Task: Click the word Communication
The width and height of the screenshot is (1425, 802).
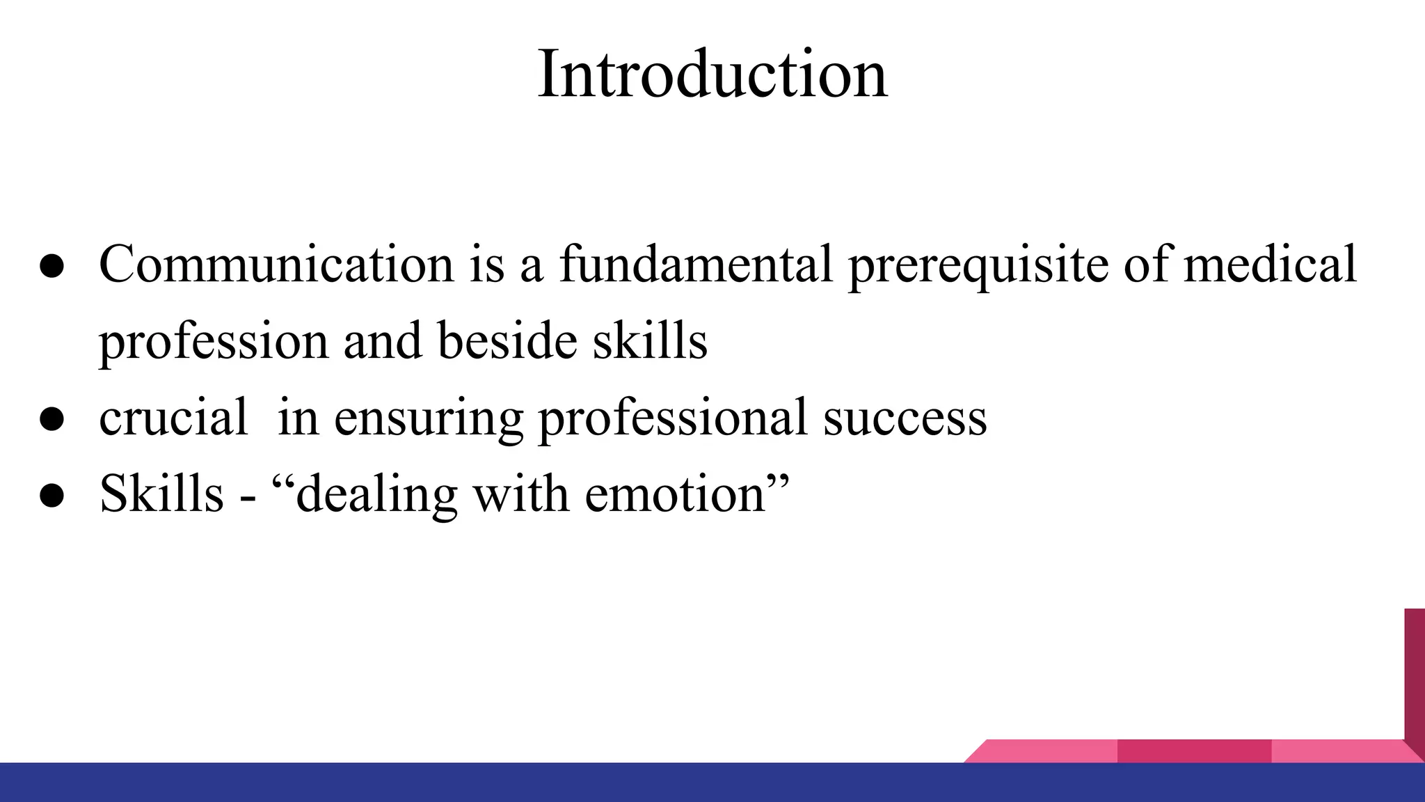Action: coord(276,265)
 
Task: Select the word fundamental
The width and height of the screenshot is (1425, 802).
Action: coord(696,265)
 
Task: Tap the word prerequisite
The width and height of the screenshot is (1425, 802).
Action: coord(978,266)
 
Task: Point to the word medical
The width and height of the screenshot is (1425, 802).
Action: coord(1270,265)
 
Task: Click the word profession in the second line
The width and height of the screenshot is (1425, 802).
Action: coord(213,343)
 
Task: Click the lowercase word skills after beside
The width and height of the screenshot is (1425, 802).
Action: coord(649,341)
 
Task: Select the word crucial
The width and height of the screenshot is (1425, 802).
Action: coord(173,418)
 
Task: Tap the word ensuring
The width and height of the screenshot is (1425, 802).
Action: coord(429,419)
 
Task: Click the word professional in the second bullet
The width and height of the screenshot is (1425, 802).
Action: coord(673,419)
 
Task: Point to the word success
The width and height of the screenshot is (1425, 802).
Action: coord(905,419)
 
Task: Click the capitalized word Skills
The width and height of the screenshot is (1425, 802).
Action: coord(161,494)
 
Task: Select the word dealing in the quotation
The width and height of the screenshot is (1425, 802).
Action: coord(376,496)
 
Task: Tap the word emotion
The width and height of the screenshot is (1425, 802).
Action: coord(675,494)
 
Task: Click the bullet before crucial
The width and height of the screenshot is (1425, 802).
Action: coord(52,419)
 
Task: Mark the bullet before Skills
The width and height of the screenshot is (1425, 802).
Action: coord(52,496)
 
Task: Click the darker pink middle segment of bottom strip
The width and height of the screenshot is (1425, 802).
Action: coord(1194,751)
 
